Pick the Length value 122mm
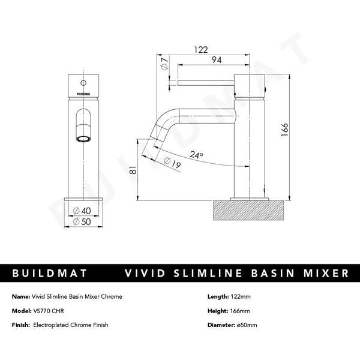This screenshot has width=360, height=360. click(x=243, y=297)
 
